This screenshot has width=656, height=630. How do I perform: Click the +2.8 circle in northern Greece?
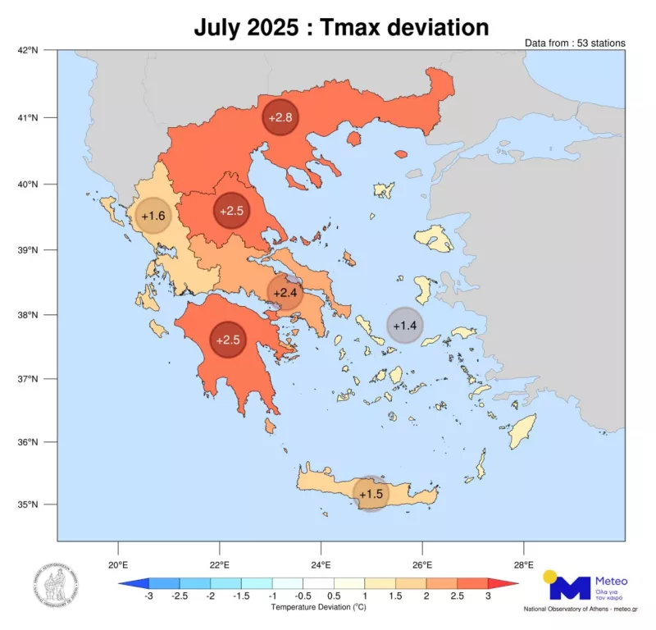280,118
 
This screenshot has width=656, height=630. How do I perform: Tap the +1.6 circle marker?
153,216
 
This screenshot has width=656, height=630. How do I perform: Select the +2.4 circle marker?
285,293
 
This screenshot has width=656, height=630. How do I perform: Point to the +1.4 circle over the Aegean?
405,325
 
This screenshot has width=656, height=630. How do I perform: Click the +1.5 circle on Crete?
371,493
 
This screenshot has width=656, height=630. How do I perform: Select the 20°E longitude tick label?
118,564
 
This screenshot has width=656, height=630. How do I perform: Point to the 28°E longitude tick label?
523,564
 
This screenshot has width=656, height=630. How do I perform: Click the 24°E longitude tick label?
321,564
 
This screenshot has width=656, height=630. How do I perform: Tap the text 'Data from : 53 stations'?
575,43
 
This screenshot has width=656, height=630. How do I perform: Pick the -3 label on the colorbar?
148,596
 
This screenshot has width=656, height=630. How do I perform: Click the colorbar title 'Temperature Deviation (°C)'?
318,608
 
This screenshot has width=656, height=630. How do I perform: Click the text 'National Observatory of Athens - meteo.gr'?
581,609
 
